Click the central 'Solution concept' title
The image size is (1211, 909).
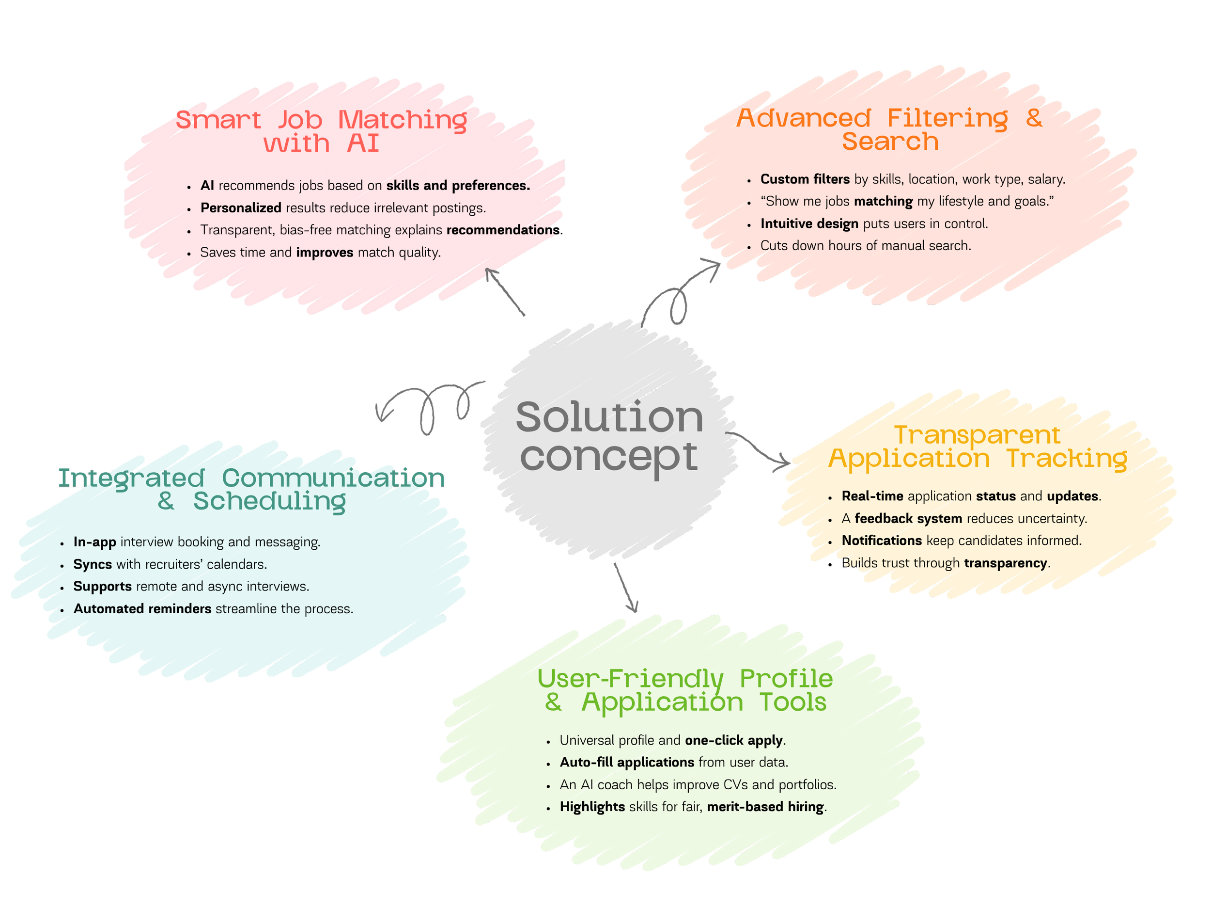click(x=609, y=436)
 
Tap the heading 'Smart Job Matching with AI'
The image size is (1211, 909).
click(x=321, y=131)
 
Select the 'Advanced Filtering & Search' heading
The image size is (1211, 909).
click(x=890, y=130)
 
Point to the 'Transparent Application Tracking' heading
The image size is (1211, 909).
click(x=978, y=447)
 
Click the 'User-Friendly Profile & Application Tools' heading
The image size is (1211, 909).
click(x=685, y=690)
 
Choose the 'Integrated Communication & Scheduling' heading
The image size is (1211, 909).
click(x=252, y=489)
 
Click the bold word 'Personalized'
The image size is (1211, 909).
click(x=241, y=208)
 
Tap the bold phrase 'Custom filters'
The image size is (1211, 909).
click(x=805, y=179)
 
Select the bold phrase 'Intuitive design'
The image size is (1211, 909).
click(x=809, y=223)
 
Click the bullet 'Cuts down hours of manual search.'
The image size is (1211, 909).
click(x=866, y=245)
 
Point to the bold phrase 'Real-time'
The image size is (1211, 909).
click(x=872, y=496)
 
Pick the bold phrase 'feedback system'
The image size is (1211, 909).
click(x=908, y=518)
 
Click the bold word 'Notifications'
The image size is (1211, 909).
click(x=882, y=541)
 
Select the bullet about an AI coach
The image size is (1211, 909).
click(x=698, y=784)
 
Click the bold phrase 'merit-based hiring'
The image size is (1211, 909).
click(x=765, y=807)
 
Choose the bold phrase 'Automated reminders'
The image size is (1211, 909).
click(x=142, y=609)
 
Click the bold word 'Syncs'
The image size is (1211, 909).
click(x=93, y=564)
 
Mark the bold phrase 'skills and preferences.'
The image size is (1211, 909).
click(x=458, y=186)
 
